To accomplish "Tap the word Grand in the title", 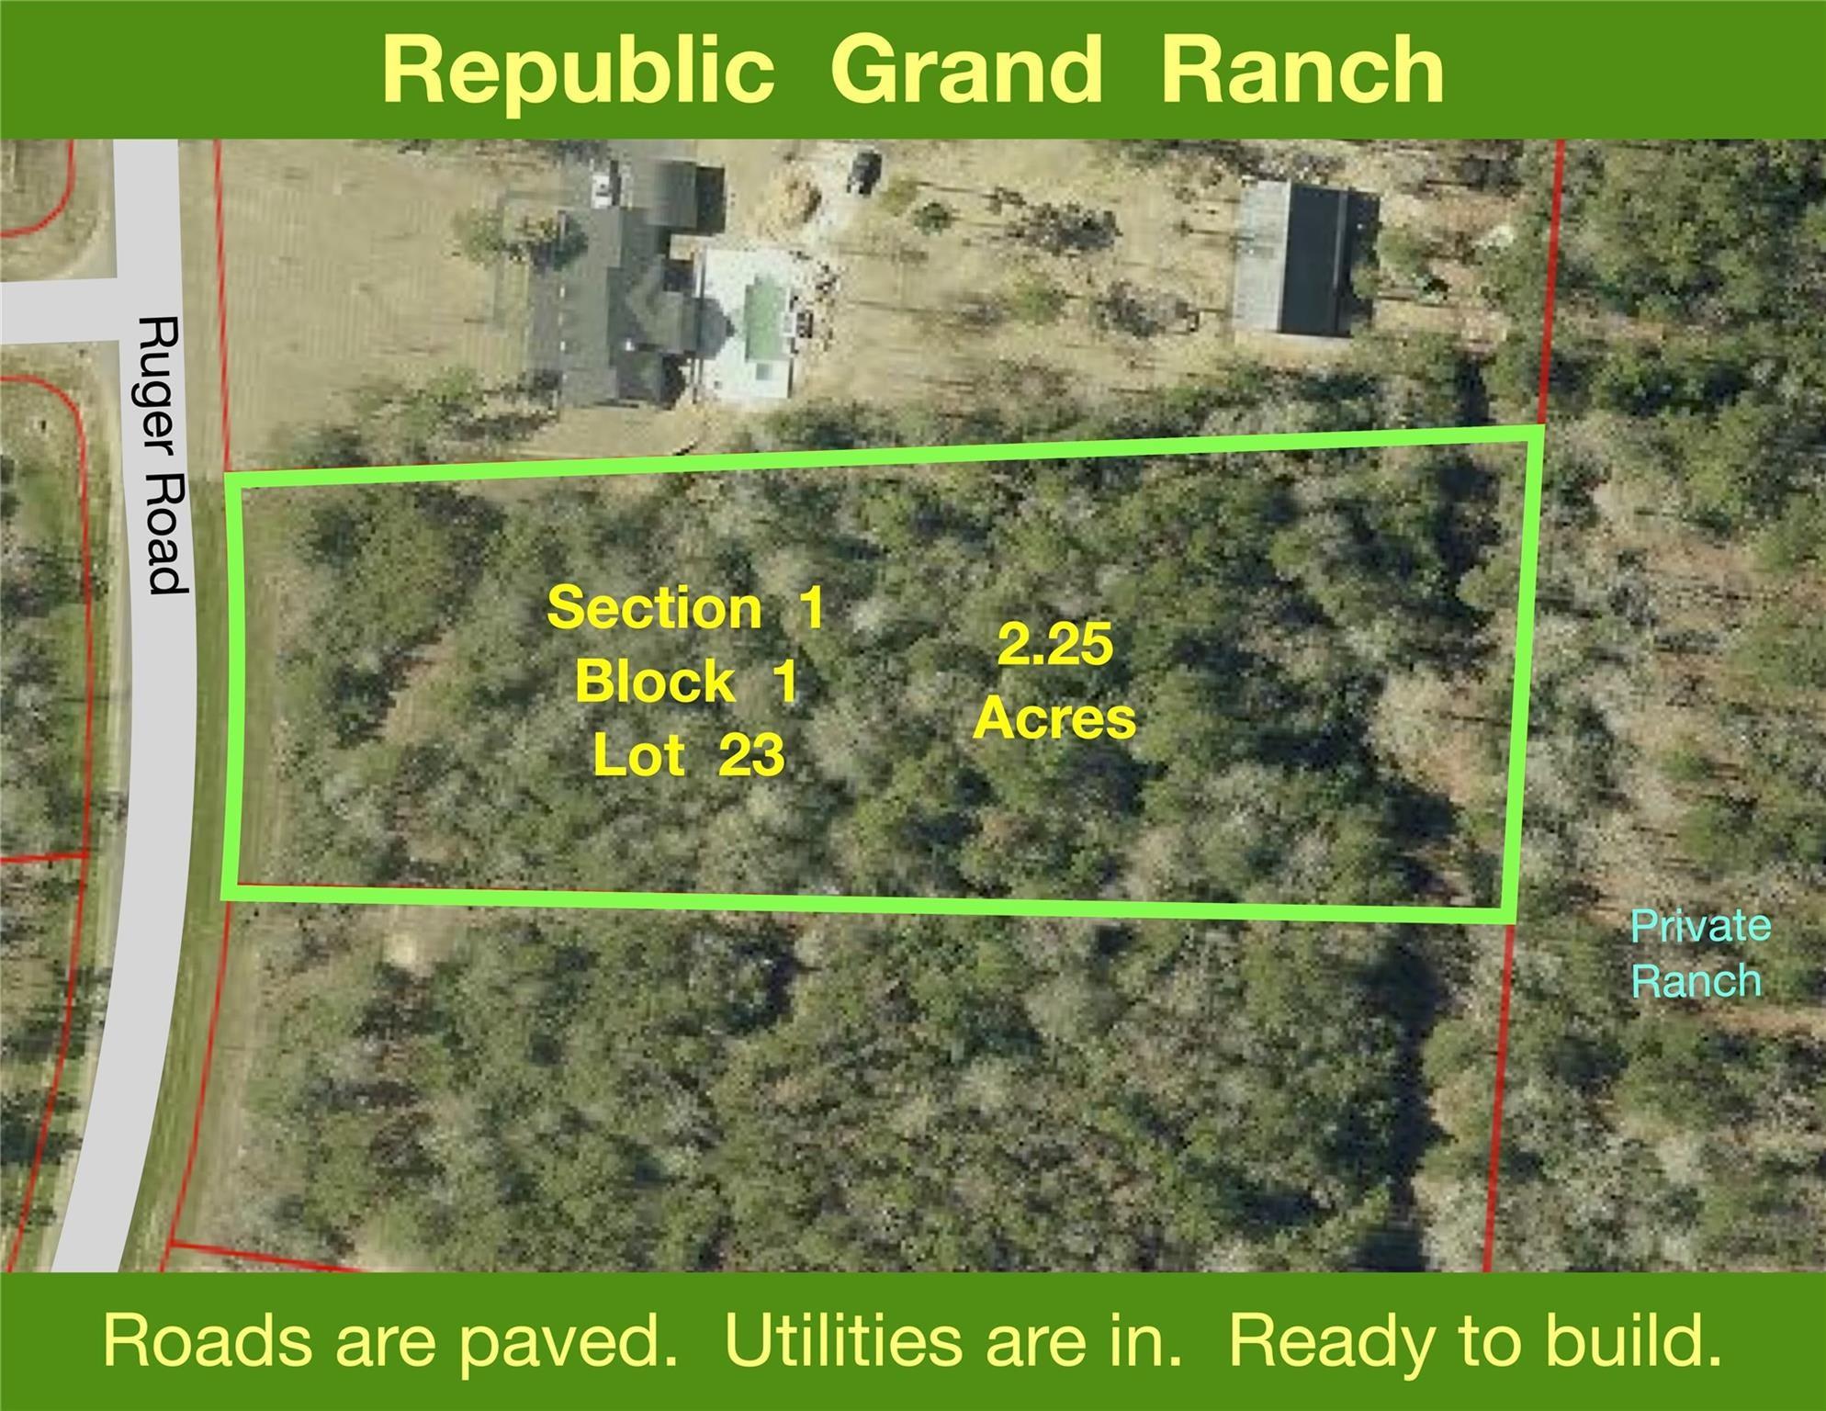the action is [x=965, y=69].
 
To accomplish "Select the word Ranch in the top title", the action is [x=1303, y=69].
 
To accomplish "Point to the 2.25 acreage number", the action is [x=1055, y=644].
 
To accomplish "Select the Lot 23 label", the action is [x=689, y=755].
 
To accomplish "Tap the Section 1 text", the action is [x=685, y=608].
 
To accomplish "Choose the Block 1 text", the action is [x=686, y=682].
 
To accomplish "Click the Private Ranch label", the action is [x=1700, y=954].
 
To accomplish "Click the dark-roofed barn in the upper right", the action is [x=1304, y=256].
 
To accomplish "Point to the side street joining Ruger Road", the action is [x=57, y=310].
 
